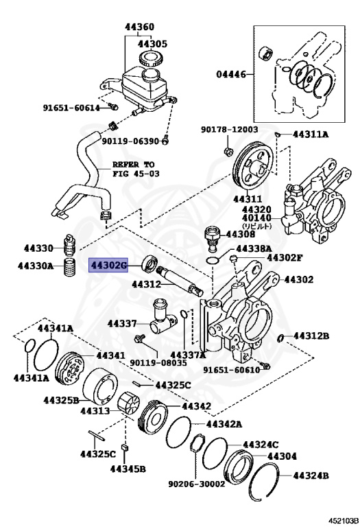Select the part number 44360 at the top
139,28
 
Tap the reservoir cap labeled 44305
150,58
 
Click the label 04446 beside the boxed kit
231,74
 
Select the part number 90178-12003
229,129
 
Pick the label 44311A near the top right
310,134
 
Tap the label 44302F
283,258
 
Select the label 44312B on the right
311,336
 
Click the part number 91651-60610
231,369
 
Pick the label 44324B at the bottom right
311,475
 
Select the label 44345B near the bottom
128,469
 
